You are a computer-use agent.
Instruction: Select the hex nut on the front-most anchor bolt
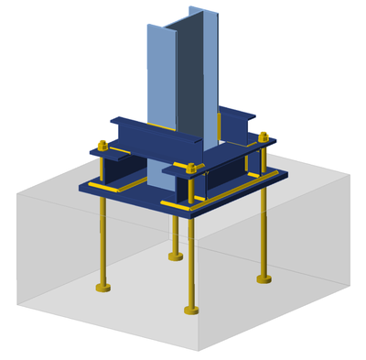pos(190,168)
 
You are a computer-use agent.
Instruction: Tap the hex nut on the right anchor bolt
pos(264,137)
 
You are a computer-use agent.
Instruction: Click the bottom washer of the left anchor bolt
pos(102,289)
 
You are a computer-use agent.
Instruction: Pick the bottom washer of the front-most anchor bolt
pos(191,310)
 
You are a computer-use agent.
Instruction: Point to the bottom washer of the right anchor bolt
pos(264,278)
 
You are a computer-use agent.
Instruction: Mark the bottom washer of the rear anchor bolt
pos(176,256)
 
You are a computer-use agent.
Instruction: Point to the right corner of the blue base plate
pos(287,172)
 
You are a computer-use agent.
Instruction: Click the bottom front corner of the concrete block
pos(199,350)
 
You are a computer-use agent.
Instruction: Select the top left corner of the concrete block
pos(17,193)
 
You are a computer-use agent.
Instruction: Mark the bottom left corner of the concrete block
pos(17,303)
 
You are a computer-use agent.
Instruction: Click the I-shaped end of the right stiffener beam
pos(239,126)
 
